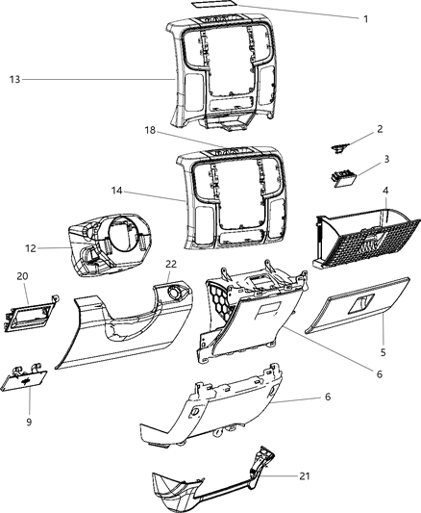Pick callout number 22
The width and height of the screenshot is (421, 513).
tap(171, 264)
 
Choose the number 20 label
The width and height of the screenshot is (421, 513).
tap(22, 273)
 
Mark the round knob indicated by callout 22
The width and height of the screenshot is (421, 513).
tap(175, 288)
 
